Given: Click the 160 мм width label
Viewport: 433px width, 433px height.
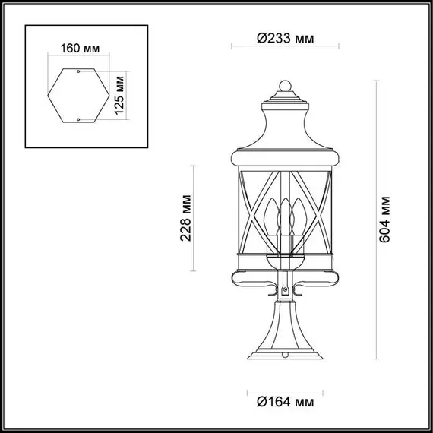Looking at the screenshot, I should pos(79,49).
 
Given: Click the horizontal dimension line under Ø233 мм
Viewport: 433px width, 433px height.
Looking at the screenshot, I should pos(286,48).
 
